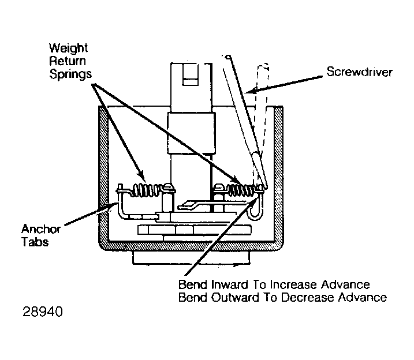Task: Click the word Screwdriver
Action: [359, 72]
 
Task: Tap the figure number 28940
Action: [43, 312]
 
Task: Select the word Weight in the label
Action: [68, 48]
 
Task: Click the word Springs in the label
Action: [70, 74]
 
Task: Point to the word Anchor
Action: [41, 229]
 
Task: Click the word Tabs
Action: [35, 242]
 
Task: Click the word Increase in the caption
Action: [293, 285]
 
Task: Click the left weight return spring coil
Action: [147, 190]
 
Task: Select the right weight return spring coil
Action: [241, 190]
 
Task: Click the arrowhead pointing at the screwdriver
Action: [249, 91]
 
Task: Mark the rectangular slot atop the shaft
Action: [190, 74]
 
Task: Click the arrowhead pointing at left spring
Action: [141, 176]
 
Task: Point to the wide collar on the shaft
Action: [192, 133]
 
